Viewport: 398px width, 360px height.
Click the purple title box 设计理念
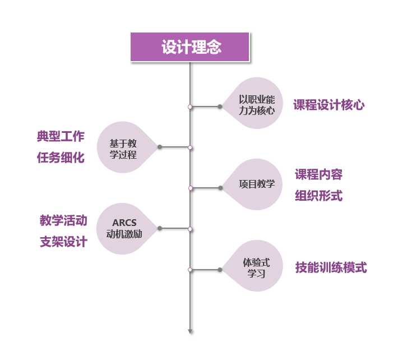pyautogui.click(x=191, y=47)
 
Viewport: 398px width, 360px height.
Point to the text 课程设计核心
pyautogui.click(x=329, y=105)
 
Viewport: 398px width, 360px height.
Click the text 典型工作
pyautogui.click(x=61, y=136)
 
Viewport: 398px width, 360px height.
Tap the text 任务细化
pyautogui.click(x=61, y=158)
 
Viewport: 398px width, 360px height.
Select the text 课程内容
pyautogui.click(x=319, y=174)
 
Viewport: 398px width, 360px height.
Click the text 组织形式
pyautogui.click(x=319, y=196)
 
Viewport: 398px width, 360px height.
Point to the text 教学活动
pyautogui.click(x=63, y=220)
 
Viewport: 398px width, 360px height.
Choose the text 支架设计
pyautogui.click(x=63, y=242)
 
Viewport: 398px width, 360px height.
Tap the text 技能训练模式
pyautogui.click(x=331, y=267)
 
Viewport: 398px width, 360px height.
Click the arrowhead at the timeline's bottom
pyautogui.click(x=191, y=331)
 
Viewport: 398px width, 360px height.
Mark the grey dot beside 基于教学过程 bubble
pyautogui.click(x=160, y=147)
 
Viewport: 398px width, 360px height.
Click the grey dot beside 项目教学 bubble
pyautogui.click(x=220, y=188)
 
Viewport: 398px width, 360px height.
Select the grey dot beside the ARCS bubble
pyautogui.click(x=160, y=228)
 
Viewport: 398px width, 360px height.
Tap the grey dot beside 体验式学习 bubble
pyautogui.click(x=220, y=270)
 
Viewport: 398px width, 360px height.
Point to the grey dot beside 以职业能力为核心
pyautogui.click(x=220, y=106)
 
